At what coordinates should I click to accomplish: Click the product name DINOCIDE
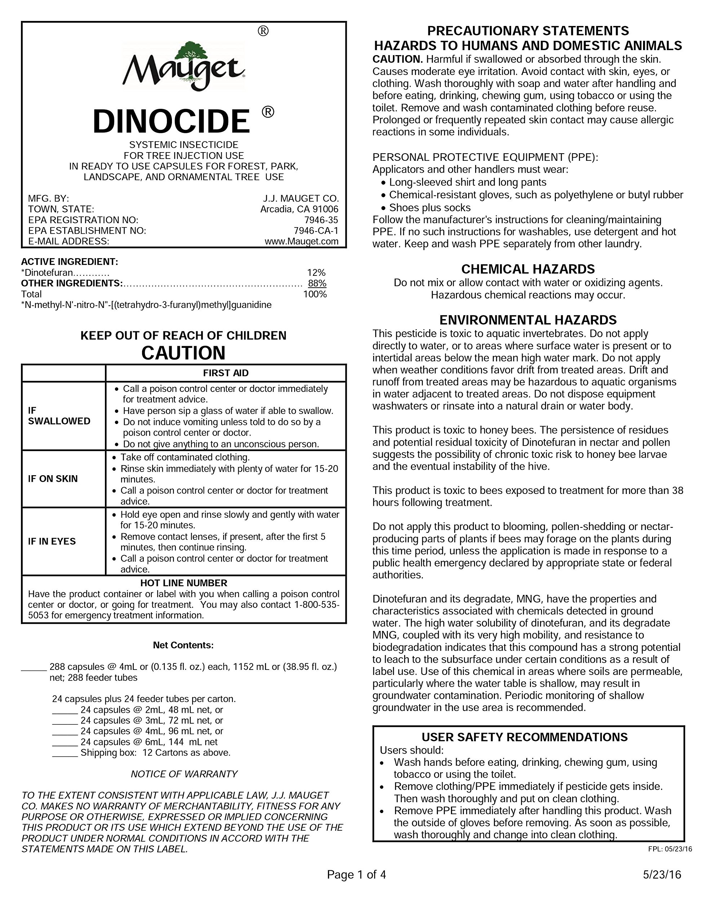coord(171,121)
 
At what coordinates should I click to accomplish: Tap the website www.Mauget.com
coord(301,241)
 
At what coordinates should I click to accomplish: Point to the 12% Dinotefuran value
coord(316,273)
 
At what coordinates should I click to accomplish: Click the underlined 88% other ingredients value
coord(317,283)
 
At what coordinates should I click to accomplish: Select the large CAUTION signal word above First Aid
coord(183,353)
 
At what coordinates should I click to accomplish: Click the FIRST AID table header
coord(226,373)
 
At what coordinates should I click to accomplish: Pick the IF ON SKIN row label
coord(53,478)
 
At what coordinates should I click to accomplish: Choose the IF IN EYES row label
coord(52,542)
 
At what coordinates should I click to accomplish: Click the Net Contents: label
coord(183,645)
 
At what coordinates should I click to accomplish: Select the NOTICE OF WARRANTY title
coord(184,774)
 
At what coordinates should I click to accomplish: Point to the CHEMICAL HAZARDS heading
coord(528,269)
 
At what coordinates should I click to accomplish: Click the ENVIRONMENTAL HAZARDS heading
coord(528,319)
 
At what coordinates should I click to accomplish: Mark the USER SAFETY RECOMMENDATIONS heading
coord(524,737)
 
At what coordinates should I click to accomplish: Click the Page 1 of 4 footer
coord(356,874)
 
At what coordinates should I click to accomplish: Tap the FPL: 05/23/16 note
coord(670,849)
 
